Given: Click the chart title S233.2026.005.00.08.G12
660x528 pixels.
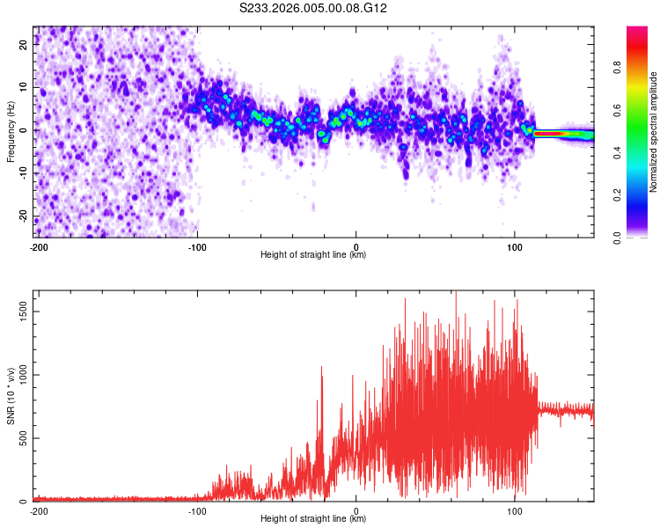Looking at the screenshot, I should pos(314,9).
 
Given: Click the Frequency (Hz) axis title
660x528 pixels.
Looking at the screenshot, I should pos(11,131).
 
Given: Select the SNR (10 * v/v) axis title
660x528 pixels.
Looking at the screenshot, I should pos(11,397).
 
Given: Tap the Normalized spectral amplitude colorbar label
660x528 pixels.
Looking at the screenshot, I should pos(654,131).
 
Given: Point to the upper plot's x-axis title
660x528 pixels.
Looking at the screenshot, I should pos(313,255).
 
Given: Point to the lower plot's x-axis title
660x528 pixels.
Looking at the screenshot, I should pos(313,518).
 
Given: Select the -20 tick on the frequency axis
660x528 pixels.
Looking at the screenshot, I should pos(23,216).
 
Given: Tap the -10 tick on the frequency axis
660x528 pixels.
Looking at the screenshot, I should pos(23,173).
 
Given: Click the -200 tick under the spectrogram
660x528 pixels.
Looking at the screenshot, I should pos(38,246).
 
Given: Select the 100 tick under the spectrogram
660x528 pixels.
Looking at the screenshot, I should pos(515,246).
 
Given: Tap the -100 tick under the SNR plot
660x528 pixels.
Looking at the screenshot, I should pos(196,510).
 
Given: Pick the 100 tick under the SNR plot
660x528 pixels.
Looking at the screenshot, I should pos(515,510).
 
